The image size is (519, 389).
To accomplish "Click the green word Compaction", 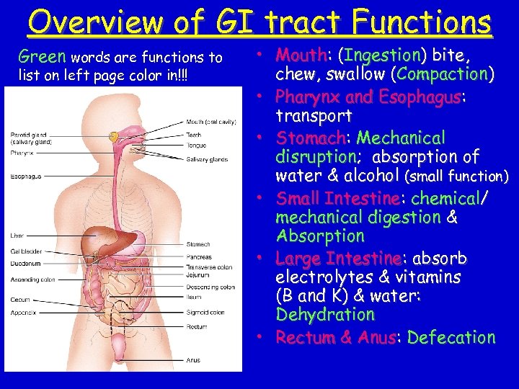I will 443,74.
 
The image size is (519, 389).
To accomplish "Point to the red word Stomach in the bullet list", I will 311,138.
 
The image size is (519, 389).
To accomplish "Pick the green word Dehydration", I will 325,315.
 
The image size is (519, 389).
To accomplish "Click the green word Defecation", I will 451,337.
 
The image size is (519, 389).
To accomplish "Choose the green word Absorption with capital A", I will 320,236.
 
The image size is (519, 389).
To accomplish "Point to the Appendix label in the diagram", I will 24,313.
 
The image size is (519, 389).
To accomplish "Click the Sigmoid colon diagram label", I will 205,313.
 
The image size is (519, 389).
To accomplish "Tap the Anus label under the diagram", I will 193,360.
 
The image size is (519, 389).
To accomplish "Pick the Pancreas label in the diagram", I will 199,256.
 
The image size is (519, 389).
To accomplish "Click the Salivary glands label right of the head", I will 206,159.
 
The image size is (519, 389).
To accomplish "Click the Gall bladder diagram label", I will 26,252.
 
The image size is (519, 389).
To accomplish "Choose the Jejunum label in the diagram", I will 198,274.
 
